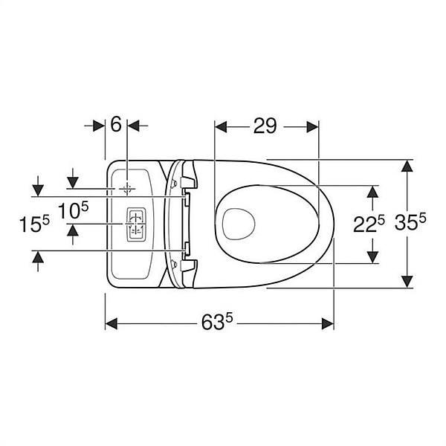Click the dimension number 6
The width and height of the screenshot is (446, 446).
pos(116,126)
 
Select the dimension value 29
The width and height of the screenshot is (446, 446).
pos(265,126)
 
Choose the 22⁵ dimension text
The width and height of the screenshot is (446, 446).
pos(369,224)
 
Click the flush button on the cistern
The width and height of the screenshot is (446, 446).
pos(135,224)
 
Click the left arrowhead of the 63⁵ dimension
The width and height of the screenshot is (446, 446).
pos(111,323)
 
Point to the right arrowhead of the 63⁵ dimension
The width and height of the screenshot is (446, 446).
pos(327,323)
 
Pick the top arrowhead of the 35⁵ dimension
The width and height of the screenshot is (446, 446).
pos(407,165)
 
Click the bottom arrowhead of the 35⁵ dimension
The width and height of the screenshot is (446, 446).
pos(407,281)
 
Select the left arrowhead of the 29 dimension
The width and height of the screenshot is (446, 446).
pos(220,126)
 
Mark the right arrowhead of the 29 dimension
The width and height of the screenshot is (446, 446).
pos(313,126)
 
